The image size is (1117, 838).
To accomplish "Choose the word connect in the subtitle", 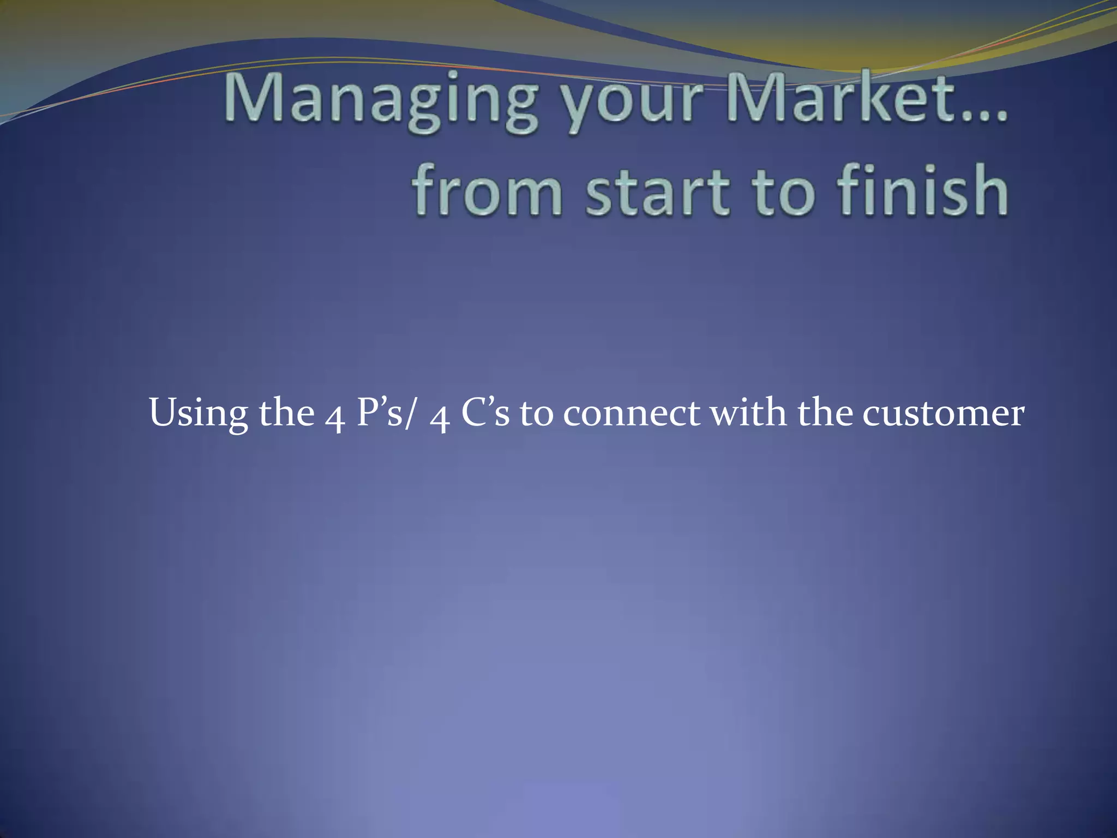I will tap(631, 414).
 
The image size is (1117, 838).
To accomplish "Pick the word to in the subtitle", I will tap(536, 414).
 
